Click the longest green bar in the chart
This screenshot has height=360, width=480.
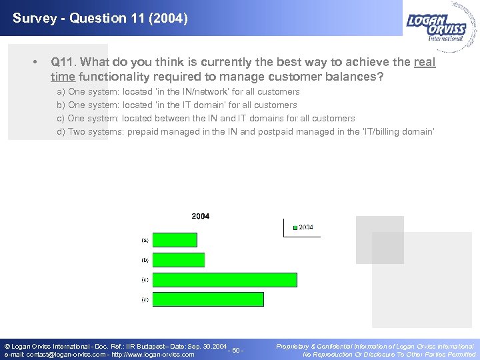tap(225, 280)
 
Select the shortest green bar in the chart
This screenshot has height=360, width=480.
tap(175, 240)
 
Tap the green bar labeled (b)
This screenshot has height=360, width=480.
tap(178, 260)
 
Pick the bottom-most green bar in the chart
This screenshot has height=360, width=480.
tap(208, 299)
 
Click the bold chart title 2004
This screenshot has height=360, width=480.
tap(201, 216)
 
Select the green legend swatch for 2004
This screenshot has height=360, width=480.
tap(295, 228)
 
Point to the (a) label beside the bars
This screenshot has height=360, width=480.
tap(145, 239)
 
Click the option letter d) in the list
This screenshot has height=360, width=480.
tap(61, 131)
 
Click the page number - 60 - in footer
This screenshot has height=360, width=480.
tap(235, 351)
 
